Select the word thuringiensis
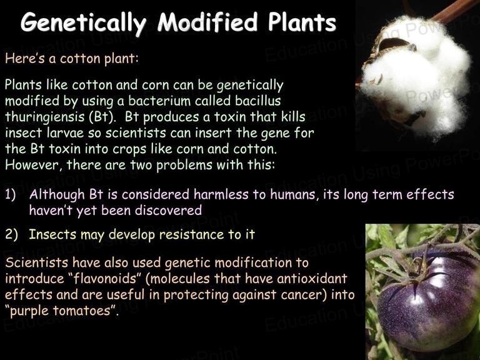coord(45,117)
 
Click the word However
coord(32,165)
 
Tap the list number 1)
coord(11,195)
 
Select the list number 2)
coord(11,234)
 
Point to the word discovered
coord(168,210)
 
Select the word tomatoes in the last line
coord(81,311)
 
